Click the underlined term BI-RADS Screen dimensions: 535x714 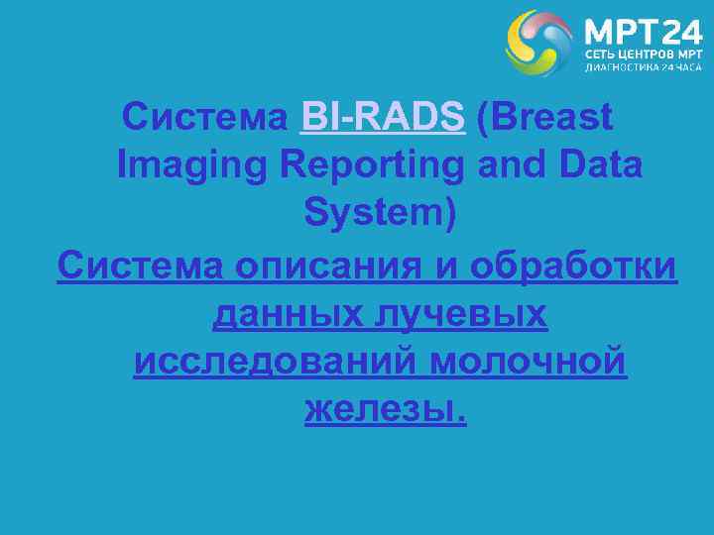pos(382,118)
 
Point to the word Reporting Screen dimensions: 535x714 pos(371,165)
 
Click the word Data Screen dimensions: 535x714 pos(600,165)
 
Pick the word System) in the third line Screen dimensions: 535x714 pos(381,213)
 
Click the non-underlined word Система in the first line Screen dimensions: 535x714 pos(204,118)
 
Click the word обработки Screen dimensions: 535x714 pos(574,266)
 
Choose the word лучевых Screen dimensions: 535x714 pos(460,314)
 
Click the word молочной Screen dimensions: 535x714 pos(529,362)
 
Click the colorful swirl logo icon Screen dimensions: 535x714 pos(538,43)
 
